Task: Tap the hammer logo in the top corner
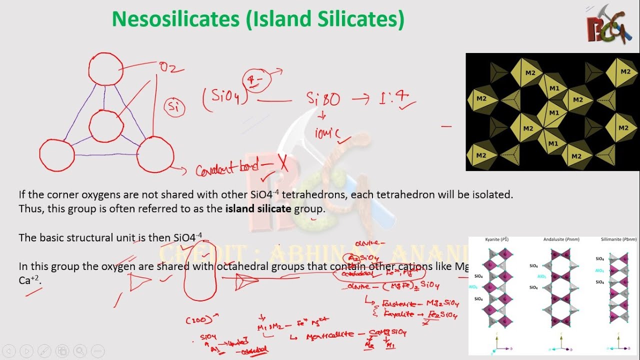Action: tap(606, 25)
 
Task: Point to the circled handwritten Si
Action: tap(174, 106)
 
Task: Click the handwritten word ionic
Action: tap(327, 133)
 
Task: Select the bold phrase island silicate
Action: tap(258, 208)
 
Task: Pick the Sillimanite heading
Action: tap(618, 239)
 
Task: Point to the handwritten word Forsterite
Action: tap(399, 303)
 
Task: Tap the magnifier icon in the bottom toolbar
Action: tap(79, 350)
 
